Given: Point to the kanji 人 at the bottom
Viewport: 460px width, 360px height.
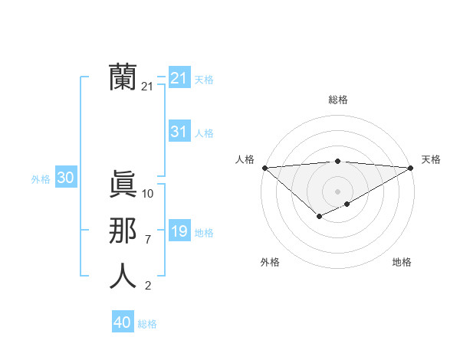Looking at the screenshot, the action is pos(123,276).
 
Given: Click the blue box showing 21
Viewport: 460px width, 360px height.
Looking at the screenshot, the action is pos(179,78).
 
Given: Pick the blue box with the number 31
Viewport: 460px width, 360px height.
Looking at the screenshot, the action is pos(179,132).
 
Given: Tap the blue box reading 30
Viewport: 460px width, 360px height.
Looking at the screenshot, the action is pos(65,178).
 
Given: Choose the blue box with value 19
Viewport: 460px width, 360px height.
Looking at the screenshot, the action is pos(179,231).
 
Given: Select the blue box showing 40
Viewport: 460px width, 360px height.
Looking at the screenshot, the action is pos(123,322).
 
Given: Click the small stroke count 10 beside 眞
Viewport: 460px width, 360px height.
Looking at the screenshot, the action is pos(148,194).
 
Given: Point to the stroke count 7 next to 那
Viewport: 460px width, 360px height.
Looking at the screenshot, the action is pos(147,240).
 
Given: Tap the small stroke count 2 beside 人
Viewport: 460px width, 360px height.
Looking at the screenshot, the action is pos(147,286).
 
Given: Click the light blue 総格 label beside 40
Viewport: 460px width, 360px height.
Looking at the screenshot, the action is pos(147,324).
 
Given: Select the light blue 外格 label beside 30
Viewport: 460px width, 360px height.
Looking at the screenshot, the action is pos(41,179).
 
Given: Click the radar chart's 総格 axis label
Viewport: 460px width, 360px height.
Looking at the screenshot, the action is pos(337,100).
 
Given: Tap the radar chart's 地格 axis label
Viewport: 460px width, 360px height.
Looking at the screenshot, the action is pos(402,262).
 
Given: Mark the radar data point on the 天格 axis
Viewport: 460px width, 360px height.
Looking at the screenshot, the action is pos(410,168).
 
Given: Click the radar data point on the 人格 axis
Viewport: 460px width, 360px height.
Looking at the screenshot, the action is pos(264,168).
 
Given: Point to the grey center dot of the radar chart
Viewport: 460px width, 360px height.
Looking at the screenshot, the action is pos(337,191).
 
